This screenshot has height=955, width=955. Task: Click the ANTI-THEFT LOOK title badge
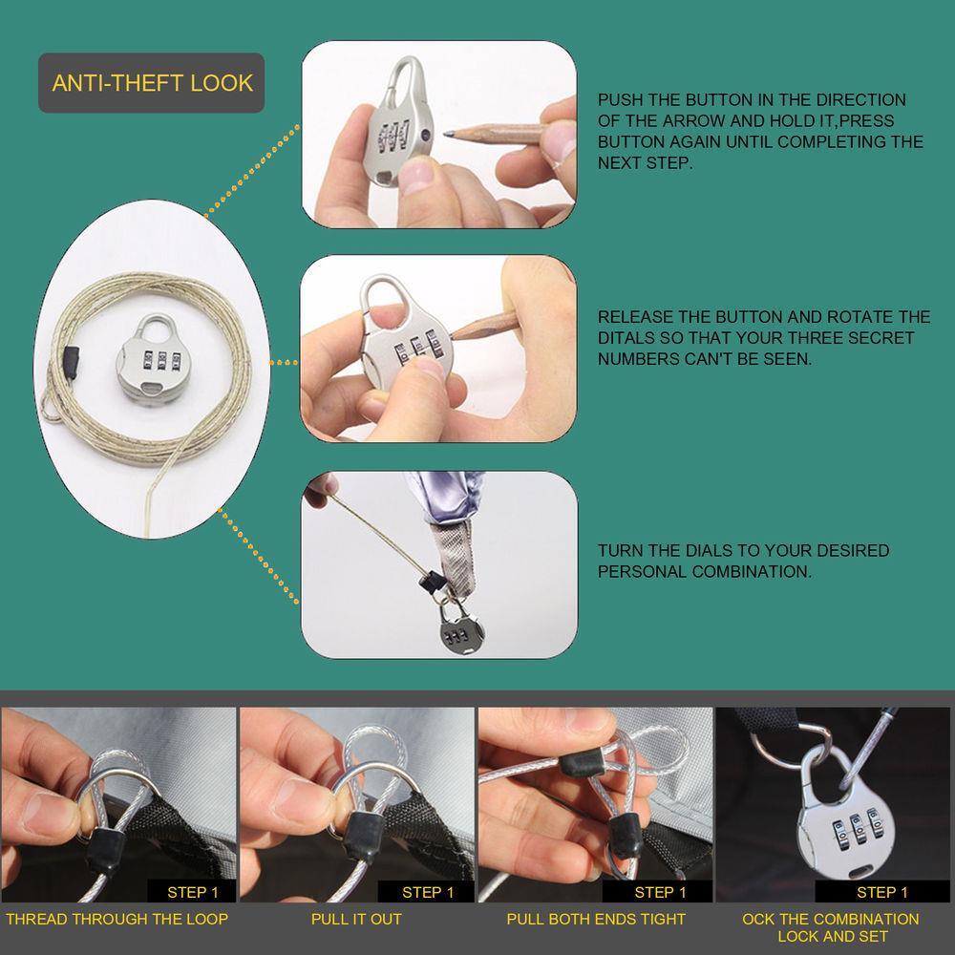click(x=151, y=83)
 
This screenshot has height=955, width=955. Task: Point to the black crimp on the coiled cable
click(x=72, y=361)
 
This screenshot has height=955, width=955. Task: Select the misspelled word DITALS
click(x=626, y=338)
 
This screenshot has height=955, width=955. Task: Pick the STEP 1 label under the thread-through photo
click(x=193, y=892)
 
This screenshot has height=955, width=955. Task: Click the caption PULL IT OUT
click(x=356, y=919)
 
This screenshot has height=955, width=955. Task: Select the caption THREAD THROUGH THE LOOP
click(x=117, y=919)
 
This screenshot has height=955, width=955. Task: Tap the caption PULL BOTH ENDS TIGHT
click(x=596, y=919)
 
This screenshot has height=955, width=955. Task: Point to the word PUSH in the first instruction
click(x=620, y=100)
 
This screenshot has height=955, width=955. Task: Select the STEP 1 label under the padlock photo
click(x=881, y=892)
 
